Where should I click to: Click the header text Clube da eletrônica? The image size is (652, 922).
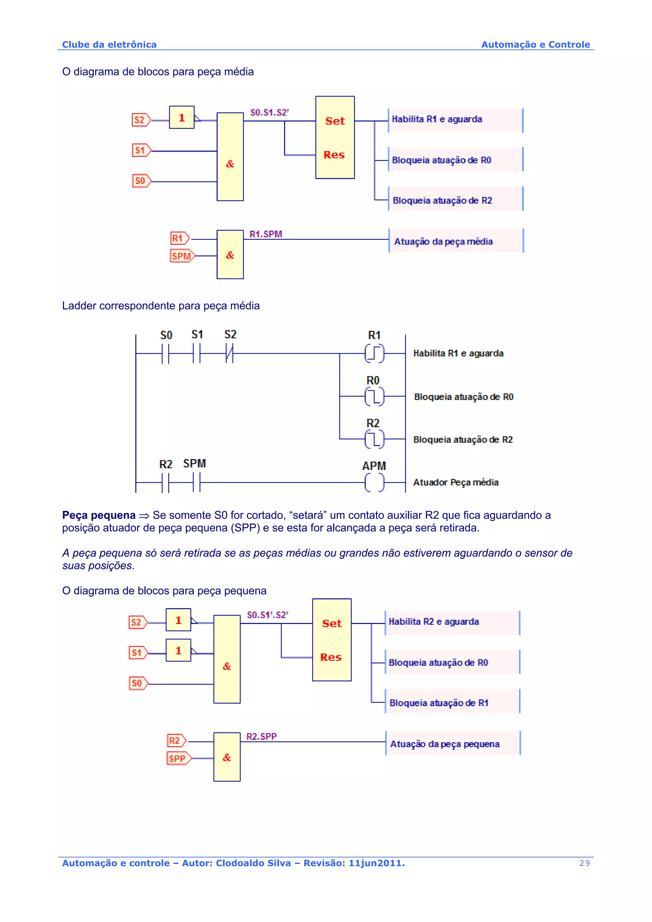tap(109, 45)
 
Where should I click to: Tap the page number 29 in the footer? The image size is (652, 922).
tap(585, 863)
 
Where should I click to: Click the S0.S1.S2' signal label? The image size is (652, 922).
tap(269, 112)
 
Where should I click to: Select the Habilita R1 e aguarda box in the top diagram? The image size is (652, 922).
tap(455, 120)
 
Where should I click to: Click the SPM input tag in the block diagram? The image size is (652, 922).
tap(181, 256)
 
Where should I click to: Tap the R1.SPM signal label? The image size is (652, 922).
tap(266, 234)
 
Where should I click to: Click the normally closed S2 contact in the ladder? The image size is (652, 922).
tap(230, 353)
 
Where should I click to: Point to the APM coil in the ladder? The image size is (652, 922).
tap(374, 482)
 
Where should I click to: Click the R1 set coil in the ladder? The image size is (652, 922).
tap(374, 353)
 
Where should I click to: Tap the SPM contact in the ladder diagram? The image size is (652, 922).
tap(196, 482)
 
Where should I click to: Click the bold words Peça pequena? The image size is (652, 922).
tap(98, 515)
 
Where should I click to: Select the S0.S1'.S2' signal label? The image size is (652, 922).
tap(267, 615)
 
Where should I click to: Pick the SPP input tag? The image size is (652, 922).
tap(178, 758)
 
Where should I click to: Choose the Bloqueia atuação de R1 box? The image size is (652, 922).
tap(452, 702)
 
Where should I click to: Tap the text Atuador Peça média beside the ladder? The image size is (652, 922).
tap(456, 482)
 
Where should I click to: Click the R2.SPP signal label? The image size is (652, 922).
tap(261, 737)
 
